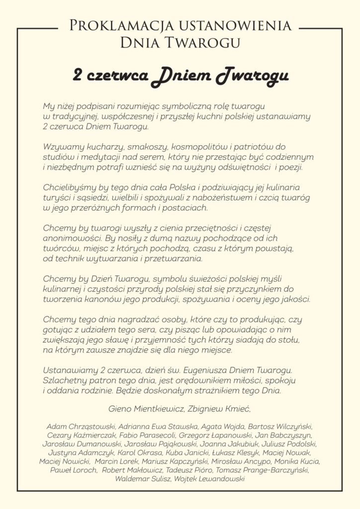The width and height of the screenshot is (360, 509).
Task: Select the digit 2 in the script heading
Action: coord(78,75)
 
